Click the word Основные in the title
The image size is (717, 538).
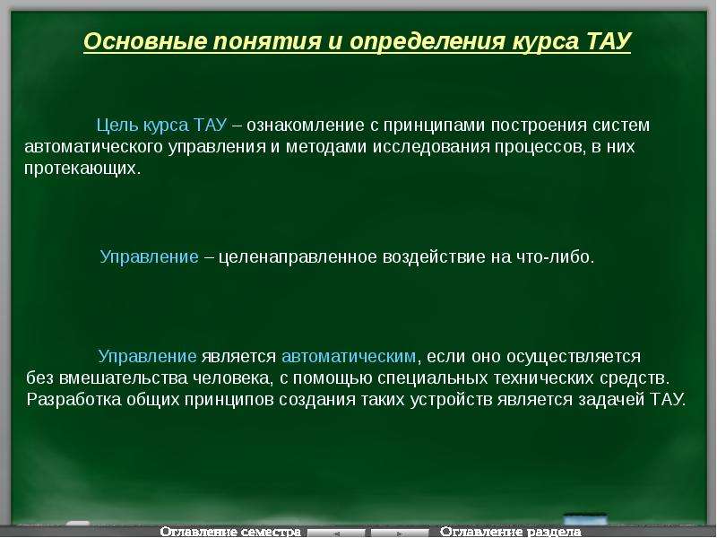pos(145,41)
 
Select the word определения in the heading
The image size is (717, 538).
pos(428,42)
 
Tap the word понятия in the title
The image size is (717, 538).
pos(267,41)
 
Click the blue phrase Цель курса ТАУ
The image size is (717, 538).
pos(161,126)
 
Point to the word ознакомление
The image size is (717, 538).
pos(306,126)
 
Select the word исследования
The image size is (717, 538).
pos(431,147)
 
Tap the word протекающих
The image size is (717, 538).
pos(82,169)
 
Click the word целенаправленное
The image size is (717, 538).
pos(298,256)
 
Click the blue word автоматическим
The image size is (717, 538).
pos(350,356)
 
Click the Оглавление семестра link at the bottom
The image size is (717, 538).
pos(230,532)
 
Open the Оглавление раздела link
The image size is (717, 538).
pos(510,532)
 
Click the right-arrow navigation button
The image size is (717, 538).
pos(399,533)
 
